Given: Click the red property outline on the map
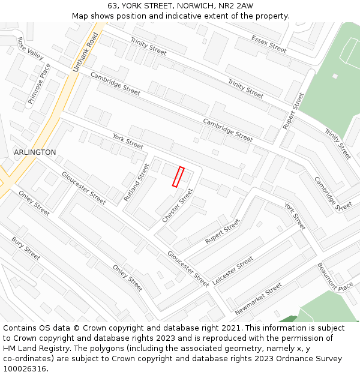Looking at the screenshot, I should click(x=178, y=177).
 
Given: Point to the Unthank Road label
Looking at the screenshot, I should click(x=85, y=53).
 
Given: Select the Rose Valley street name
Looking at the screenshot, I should click(x=31, y=49).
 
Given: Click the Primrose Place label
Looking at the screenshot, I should click(x=40, y=84).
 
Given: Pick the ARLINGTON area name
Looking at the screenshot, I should click(x=35, y=152).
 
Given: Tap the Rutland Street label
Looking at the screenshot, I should click(x=136, y=182).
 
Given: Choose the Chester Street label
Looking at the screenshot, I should click(x=178, y=206).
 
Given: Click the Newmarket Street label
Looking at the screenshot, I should click(x=259, y=299).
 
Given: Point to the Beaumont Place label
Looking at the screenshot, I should click(x=335, y=278).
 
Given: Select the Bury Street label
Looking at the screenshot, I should click(x=26, y=248).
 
